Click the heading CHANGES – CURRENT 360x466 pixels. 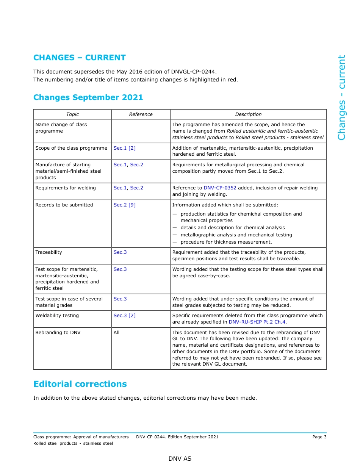[x=79, y=58]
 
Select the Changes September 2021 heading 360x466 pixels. [x=88, y=97]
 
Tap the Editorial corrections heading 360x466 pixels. [x=80, y=384]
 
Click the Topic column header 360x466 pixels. [x=72, y=114]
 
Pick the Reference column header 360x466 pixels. [x=141, y=114]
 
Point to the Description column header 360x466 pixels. [x=248, y=114]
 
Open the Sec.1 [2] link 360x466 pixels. [x=124, y=148]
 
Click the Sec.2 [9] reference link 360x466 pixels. [x=124, y=205]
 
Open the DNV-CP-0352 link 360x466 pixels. [x=220, y=188]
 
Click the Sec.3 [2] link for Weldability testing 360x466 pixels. [x=124, y=316]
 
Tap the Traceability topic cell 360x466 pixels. [x=49, y=252]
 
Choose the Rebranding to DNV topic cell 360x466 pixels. [x=58, y=333]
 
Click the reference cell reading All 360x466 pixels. [x=116, y=333]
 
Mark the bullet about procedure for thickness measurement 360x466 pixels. [x=226, y=242]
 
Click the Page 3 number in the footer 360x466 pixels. [x=319, y=437]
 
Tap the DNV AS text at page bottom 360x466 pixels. [x=180, y=459]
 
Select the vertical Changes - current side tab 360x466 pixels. [x=341, y=98]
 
